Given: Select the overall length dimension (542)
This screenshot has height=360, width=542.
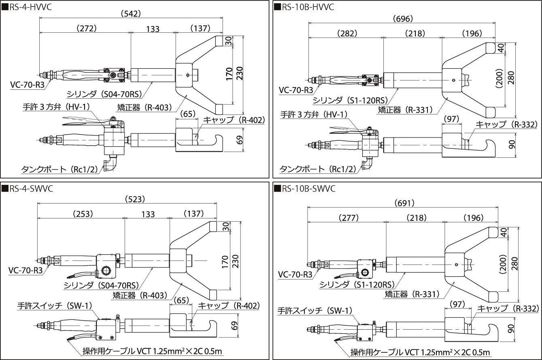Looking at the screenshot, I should [130, 14].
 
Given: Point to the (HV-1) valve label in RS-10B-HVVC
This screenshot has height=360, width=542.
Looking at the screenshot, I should [314, 114].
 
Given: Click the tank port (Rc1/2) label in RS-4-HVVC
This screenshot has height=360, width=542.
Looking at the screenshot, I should [62, 169].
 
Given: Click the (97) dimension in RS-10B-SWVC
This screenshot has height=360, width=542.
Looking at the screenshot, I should [457, 303].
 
